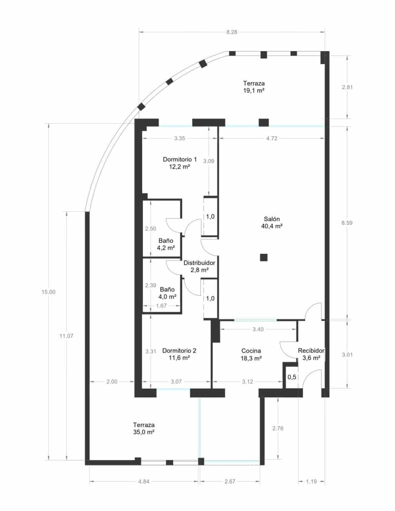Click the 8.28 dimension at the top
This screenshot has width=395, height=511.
232,32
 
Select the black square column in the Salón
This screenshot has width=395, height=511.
264,257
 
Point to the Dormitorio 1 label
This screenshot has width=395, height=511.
179,160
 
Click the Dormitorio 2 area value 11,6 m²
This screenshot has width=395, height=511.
179,359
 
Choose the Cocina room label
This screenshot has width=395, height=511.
251,351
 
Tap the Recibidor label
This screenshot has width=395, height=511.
311,351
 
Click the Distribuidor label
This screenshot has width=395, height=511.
199,263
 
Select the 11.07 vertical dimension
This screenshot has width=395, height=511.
66,336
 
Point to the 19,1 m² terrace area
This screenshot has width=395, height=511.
257,91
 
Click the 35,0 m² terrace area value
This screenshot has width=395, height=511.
144,432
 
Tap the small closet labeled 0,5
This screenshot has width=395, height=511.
292,377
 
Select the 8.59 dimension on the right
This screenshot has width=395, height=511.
348,223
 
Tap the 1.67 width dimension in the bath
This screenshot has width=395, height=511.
161,306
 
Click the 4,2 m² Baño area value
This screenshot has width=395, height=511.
166,247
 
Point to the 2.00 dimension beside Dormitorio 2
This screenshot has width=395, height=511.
112,382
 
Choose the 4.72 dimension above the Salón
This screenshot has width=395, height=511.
271,138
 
